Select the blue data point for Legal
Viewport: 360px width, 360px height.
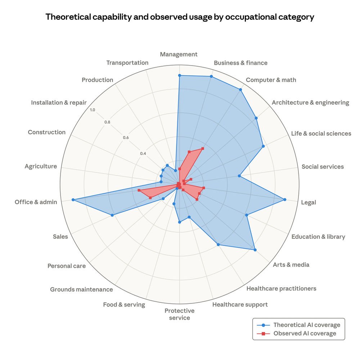(x=285, y=199)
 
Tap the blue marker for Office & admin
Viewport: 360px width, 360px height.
(x=73, y=199)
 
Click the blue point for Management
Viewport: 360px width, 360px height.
(x=179, y=75)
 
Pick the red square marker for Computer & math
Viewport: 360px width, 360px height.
(x=203, y=148)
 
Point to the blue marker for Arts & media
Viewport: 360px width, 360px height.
(x=255, y=250)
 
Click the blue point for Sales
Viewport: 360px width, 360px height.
(x=112, y=215)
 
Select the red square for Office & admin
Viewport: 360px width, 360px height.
(x=139, y=190)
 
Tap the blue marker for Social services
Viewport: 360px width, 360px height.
(x=239, y=176)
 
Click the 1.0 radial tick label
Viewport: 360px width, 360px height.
(x=93, y=110)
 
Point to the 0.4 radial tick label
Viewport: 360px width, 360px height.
(x=143, y=154)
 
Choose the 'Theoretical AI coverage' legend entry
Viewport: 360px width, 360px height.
(x=306, y=325)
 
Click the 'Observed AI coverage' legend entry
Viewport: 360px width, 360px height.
(x=305, y=333)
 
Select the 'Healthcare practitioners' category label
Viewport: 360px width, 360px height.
(x=281, y=288)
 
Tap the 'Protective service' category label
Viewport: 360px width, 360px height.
(x=179, y=314)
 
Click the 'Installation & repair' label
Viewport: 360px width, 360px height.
(x=59, y=103)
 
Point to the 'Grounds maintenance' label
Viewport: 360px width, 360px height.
(x=81, y=289)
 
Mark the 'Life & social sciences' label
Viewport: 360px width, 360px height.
(x=321, y=134)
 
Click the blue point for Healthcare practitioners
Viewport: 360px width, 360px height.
(x=218, y=245)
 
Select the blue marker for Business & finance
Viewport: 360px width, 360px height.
(x=211, y=76)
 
